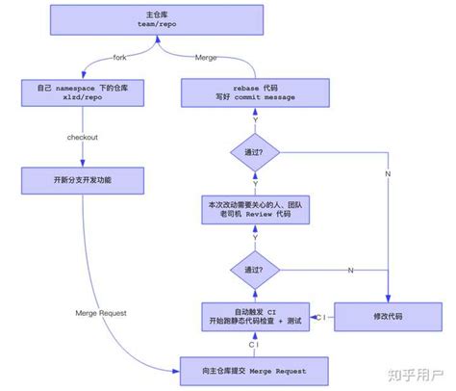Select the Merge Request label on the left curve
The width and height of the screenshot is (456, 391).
(101, 312)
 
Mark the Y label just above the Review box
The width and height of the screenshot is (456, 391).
(254, 183)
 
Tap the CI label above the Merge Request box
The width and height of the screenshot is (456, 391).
(253, 343)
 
